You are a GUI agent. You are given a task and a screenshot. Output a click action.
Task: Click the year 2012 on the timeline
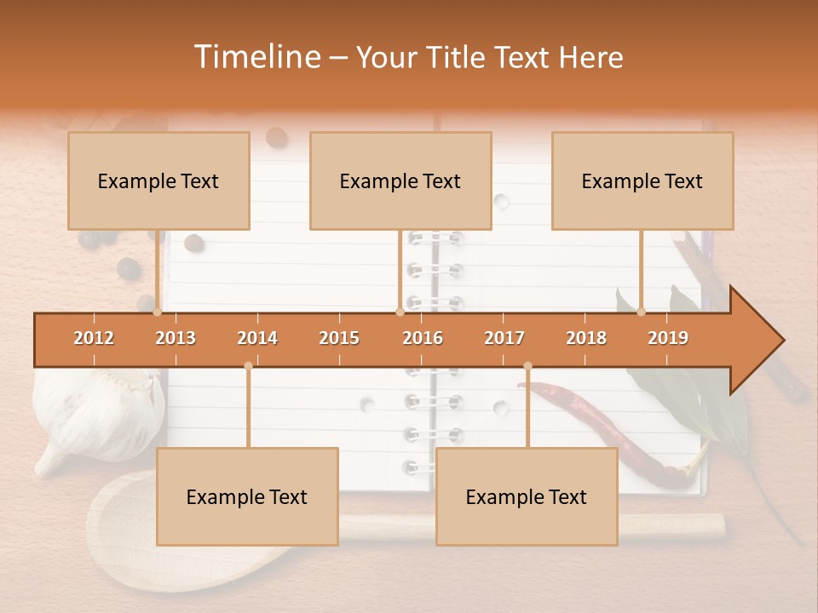(94, 338)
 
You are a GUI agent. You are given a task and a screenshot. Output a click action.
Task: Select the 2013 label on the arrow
(176, 338)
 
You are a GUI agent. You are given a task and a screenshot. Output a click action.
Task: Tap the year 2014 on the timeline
(257, 338)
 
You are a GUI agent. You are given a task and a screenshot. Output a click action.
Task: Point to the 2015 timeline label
(339, 338)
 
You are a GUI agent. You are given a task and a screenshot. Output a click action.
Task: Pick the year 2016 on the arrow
(423, 338)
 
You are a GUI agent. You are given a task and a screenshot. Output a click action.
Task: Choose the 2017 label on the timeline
(504, 338)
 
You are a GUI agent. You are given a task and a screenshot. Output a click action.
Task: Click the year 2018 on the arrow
(586, 338)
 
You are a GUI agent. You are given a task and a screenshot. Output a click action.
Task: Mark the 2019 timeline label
(668, 338)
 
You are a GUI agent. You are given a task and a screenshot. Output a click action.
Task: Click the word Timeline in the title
(256, 57)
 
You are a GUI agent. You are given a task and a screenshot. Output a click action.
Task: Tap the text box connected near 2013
(158, 180)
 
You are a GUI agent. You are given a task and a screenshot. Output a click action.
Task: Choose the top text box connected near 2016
(400, 180)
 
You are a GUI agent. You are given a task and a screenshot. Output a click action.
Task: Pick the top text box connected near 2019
(642, 180)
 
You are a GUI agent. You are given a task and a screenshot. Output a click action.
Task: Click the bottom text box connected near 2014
(247, 496)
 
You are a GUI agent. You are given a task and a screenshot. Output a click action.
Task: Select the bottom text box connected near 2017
(527, 496)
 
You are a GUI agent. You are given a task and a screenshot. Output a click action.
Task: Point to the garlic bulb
(98, 413)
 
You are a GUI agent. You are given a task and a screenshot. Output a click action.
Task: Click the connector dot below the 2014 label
(248, 366)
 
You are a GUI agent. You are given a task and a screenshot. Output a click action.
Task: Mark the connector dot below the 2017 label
(527, 366)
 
